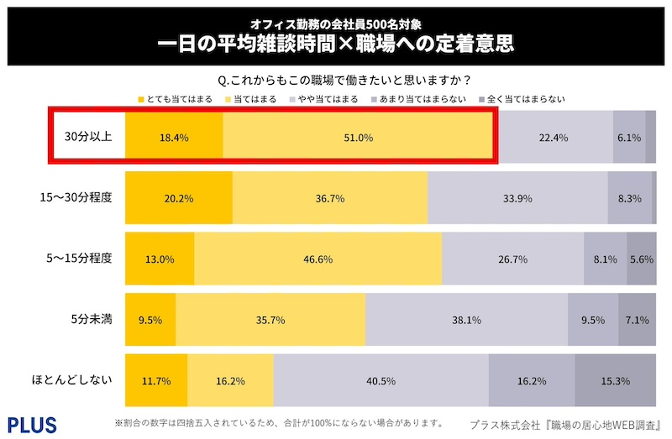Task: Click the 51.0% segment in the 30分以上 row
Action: [357, 138]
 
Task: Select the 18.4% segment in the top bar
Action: [174, 138]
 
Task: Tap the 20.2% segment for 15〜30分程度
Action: [179, 199]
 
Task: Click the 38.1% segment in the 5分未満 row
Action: [466, 320]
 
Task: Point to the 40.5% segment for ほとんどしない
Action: [381, 381]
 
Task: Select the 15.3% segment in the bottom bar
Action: [615, 381]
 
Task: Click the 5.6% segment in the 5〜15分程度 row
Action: [641, 259]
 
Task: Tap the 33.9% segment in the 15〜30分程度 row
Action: [517, 199]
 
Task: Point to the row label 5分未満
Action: [90, 320]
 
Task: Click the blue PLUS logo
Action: [31, 422]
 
